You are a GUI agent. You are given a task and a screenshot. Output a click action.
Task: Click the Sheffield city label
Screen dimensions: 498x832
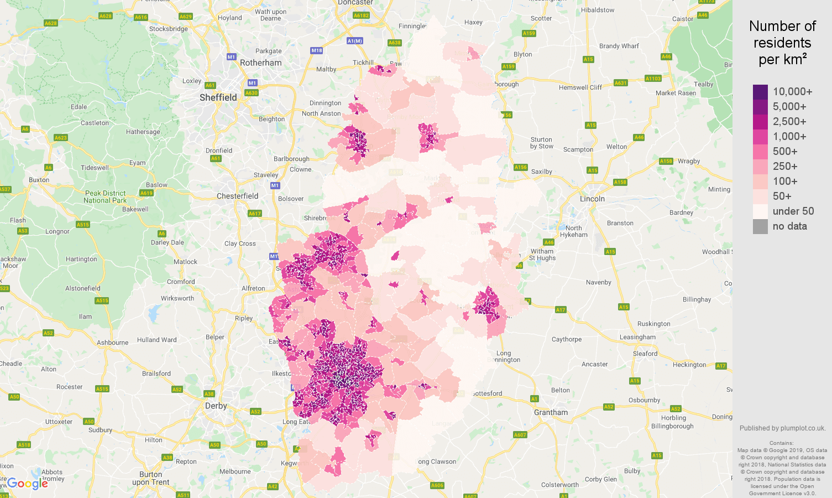(x=218, y=97)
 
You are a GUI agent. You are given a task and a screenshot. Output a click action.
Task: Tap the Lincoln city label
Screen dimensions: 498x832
(x=592, y=199)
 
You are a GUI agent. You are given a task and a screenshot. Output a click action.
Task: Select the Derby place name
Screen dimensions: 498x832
(x=216, y=406)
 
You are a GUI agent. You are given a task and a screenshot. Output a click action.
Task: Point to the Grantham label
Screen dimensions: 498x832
(x=551, y=412)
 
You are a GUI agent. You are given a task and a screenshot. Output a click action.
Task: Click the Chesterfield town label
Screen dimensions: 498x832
(x=237, y=196)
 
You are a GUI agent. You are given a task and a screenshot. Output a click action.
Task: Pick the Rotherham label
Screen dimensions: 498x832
(x=260, y=63)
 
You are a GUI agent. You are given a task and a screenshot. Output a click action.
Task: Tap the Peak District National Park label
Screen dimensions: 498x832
(x=105, y=197)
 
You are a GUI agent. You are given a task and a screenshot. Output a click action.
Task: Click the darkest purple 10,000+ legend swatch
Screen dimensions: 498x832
(x=760, y=92)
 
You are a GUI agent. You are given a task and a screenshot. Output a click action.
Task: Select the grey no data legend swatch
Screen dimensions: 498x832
(x=760, y=226)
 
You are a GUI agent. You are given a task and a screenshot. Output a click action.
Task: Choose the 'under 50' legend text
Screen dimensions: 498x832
(x=793, y=211)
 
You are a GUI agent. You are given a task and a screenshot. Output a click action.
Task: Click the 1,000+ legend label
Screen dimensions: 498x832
(x=789, y=137)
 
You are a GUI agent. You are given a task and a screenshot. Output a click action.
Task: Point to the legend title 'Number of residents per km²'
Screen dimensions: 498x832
(x=782, y=43)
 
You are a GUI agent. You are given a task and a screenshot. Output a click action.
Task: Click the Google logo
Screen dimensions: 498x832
(x=28, y=484)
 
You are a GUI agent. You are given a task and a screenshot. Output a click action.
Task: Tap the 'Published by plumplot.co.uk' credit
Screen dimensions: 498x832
(x=782, y=428)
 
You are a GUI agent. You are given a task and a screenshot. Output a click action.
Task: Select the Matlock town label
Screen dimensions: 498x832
(x=185, y=262)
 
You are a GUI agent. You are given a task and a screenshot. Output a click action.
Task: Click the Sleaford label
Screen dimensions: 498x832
(x=645, y=354)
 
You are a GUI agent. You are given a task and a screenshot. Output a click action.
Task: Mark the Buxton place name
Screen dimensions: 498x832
(x=39, y=180)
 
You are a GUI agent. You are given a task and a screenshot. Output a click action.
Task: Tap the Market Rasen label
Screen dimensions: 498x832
(x=676, y=93)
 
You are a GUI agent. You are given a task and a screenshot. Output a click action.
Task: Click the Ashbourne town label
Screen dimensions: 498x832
(x=112, y=343)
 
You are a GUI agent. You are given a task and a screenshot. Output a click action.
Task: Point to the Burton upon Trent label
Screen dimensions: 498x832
(x=150, y=478)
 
